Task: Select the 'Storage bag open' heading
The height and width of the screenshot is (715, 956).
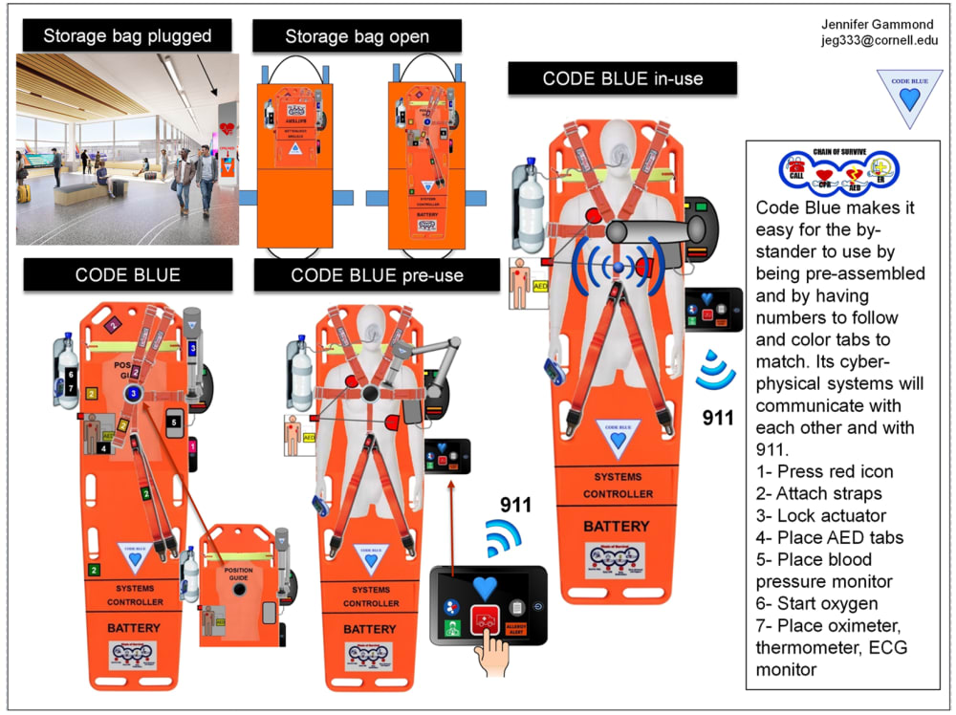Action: click(x=357, y=37)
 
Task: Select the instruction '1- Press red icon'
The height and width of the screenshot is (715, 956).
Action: click(x=824, y=471)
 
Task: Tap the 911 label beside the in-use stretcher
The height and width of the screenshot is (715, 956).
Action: click(x=718, y=418)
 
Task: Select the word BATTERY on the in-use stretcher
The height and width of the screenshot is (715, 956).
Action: click(x=616, y=526)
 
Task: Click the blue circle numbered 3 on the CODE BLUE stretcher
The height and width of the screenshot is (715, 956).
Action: click(x=134, y=393)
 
